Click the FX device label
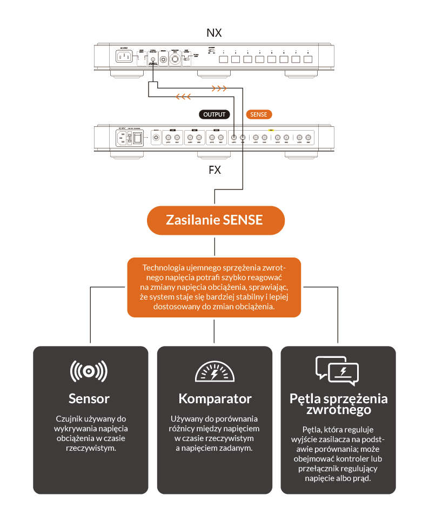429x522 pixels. coord(215,170)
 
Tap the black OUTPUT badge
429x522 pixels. coord(215,114)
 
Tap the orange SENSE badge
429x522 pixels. coord(259,114)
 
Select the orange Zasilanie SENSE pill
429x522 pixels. coord(215,220)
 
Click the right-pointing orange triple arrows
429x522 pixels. coord(218,87)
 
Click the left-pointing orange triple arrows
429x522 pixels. coord(183,97)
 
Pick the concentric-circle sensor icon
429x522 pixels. coord(89,371)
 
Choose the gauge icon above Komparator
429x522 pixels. coord(215,372)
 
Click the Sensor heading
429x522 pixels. coord(89,399)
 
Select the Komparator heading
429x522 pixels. coord(215,399)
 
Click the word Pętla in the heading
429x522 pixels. coord(305,398)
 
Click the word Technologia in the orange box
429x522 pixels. coord(164,268)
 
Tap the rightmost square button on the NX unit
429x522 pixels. coord(308,59)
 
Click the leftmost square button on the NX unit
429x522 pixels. coord(223,59)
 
